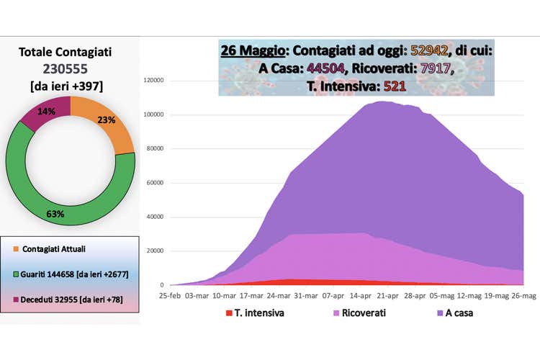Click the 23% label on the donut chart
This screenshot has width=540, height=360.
point(107,120)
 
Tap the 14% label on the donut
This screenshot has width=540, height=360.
point(46,112)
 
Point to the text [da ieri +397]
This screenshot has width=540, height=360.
point(66,86)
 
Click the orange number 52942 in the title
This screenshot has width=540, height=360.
point(429,51)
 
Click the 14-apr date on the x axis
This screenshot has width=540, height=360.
point(359,295)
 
